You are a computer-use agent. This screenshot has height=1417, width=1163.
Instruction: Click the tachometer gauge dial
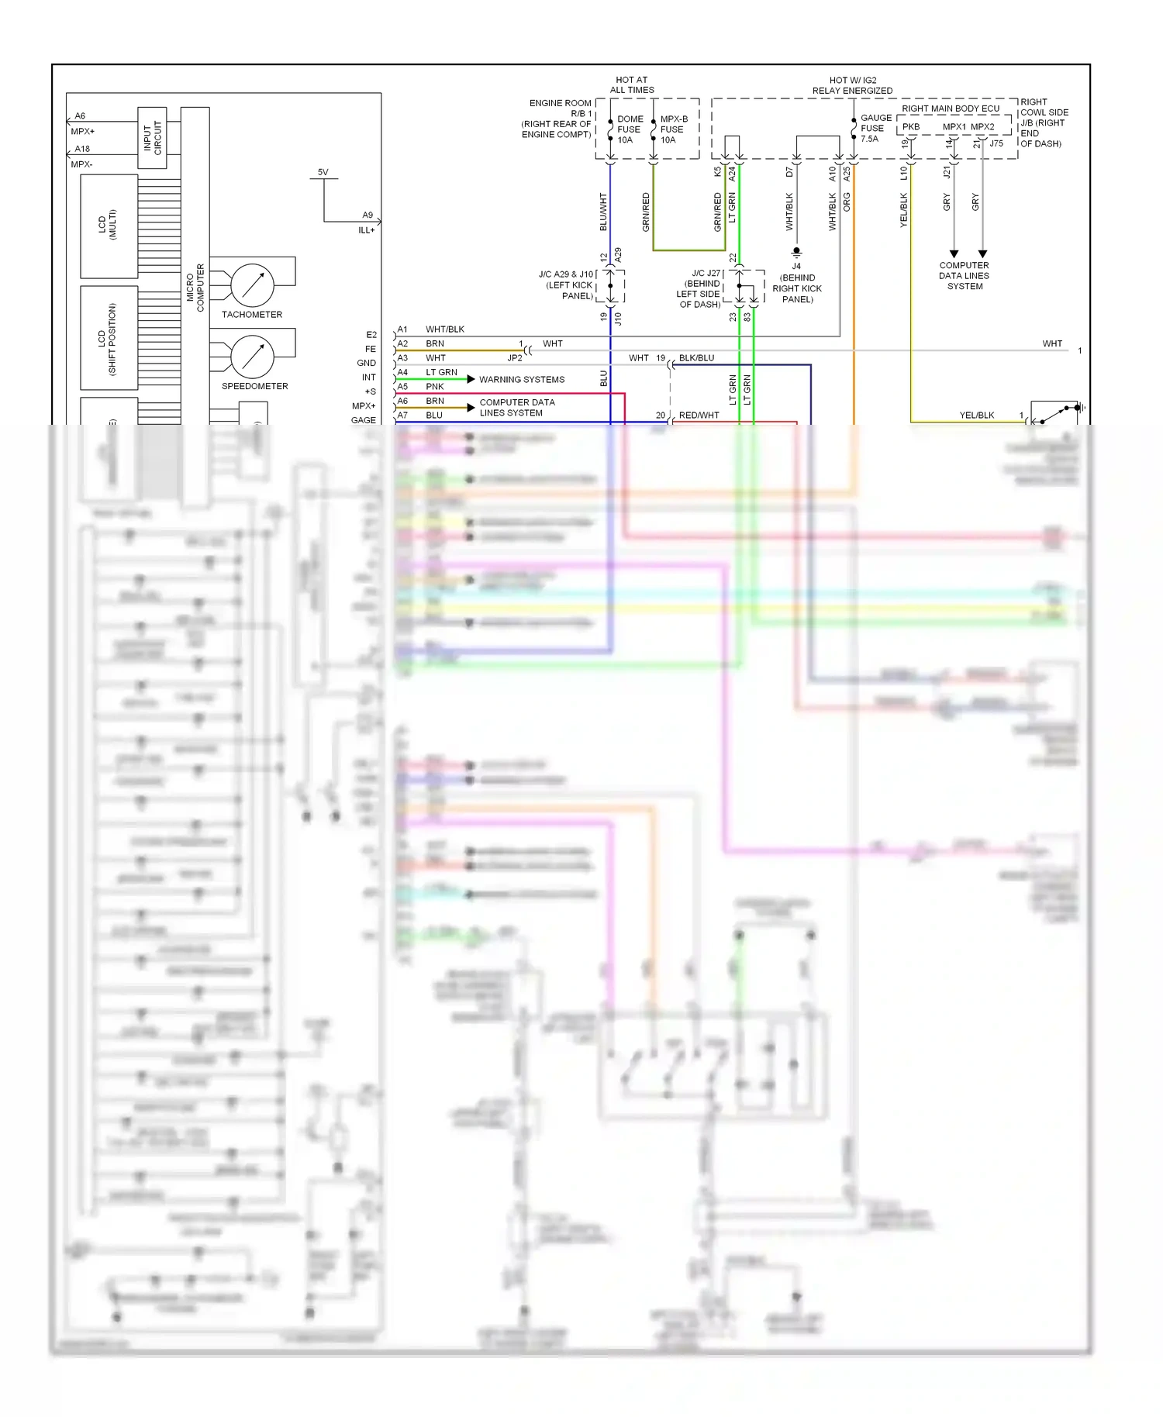pos(252,285)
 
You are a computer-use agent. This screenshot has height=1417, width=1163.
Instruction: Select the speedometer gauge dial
pos(252,357)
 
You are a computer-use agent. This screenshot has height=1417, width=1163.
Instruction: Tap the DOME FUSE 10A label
pos(629,129)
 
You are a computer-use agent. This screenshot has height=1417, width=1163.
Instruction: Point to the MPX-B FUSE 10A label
pos(672,129)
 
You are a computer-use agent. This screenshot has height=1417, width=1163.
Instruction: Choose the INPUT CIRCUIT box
pos(152,138)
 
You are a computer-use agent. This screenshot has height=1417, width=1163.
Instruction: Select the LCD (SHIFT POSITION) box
pos(109,338)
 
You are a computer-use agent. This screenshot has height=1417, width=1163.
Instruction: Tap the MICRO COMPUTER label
pos(195,287)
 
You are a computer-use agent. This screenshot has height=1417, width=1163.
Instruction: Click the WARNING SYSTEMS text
pos(522,380)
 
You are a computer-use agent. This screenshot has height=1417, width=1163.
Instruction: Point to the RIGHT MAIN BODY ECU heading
pos(951,109)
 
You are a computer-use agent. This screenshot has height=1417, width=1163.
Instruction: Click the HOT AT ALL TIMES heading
pos(632,85)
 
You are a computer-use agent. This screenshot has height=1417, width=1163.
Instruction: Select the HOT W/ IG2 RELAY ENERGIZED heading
pos(852,85)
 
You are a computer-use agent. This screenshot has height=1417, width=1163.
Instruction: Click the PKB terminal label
pos(911,126)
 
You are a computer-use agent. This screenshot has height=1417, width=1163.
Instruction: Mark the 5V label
pos(323,172)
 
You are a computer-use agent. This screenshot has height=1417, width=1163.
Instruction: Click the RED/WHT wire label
pos(699,415)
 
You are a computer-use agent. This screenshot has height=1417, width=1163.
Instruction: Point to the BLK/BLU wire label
pos(696,358)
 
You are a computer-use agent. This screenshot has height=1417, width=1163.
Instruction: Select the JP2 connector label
pos(515,358)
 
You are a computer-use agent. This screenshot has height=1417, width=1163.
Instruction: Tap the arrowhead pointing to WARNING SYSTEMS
pos(471,379)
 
